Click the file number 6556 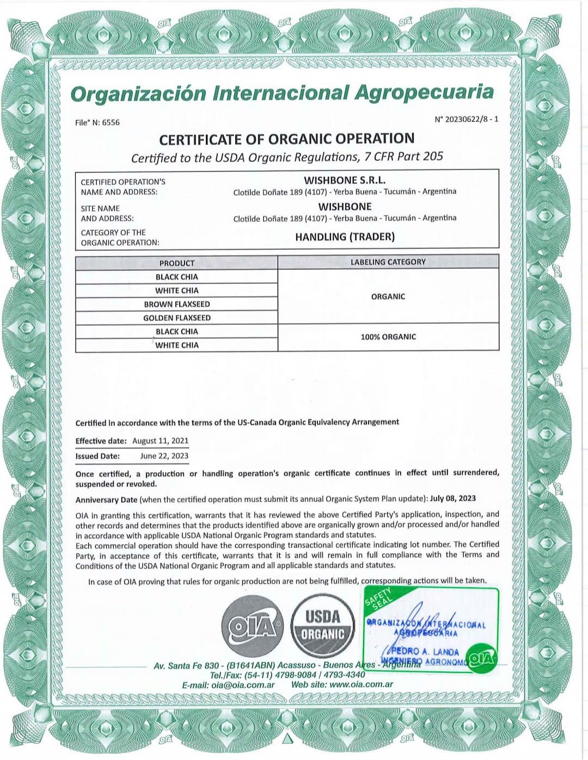(x=111, y=122)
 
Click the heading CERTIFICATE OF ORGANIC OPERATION (x=286, y=139)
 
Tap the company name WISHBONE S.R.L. (x=345, y=180)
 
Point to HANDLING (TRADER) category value (x=345, y=237)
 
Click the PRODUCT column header (x=176, y=263)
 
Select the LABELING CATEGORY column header (x=388, y=262)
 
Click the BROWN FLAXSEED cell (x=176, y=304)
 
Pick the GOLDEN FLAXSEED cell (x=176, y=318)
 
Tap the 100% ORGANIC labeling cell (x=388, y=337)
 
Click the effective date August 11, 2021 (x=161, y=441)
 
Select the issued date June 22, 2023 (x=164, y=456)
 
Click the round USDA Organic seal (x=322, y=627)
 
